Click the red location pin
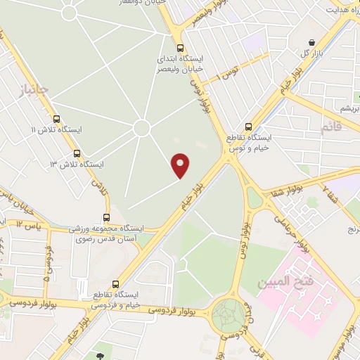pyautogui.click(x=181, y=165)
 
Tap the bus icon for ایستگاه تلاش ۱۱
pyautogui.click(x=56, y=119)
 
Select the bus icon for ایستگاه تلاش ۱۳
pyautogui.click(x=76, y=153)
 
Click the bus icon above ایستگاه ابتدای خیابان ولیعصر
pyautogui.click(x=180, y=49)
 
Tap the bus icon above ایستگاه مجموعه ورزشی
pyautogui.click(x=106, y=217)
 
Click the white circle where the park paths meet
pyautogui.click(x=141, y=128)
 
